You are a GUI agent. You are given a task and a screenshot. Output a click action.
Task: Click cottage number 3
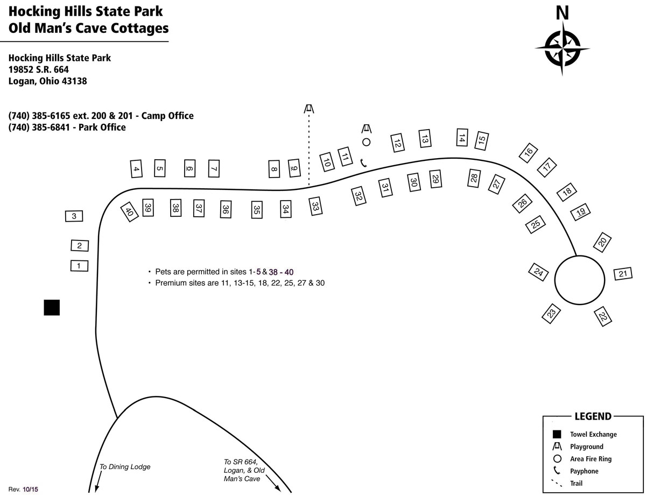pos(74,216)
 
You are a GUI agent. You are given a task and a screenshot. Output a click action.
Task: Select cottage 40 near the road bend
pos(129,212)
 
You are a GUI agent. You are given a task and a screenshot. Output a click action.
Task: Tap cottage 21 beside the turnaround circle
pos(623,274)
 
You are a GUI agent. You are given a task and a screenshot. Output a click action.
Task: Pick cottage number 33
pos(315,206)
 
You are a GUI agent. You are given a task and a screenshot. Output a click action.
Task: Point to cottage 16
pos(528,153)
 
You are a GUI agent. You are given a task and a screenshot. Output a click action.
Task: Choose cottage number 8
pos(274,169)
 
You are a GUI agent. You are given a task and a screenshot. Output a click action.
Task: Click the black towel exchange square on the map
pos(52,307)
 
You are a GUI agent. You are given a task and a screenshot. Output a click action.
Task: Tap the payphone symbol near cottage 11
pos(363,163)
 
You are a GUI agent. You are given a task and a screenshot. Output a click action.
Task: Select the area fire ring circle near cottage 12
pos(366,142)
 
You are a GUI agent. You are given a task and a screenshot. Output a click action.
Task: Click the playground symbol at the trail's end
pos(309,109)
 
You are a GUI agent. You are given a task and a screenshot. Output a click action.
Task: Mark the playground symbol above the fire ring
pos(367,129)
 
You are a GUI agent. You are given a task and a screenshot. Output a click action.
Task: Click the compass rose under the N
pos(562,48)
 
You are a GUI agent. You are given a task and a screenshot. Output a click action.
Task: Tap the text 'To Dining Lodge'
pos(125,466)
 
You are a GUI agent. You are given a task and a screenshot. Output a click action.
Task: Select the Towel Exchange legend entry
pos(585,434)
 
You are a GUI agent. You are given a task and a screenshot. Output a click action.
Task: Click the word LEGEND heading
pos(593,416)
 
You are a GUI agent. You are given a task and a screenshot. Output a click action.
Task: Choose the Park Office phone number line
pos(67,127)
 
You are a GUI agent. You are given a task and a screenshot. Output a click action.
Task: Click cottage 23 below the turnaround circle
pos(551,314)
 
